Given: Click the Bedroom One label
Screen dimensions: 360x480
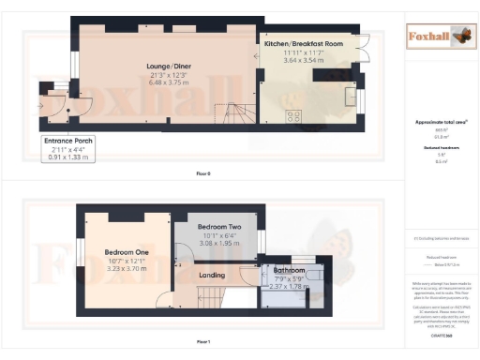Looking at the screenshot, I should coord(127,252).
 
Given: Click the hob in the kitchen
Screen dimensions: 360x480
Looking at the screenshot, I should coord(292,116).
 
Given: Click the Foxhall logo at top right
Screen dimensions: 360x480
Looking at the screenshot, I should coord(437,37).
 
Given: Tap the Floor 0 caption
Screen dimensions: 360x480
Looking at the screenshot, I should coord(203,174).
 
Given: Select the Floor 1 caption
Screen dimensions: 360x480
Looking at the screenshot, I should coord(203,342).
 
